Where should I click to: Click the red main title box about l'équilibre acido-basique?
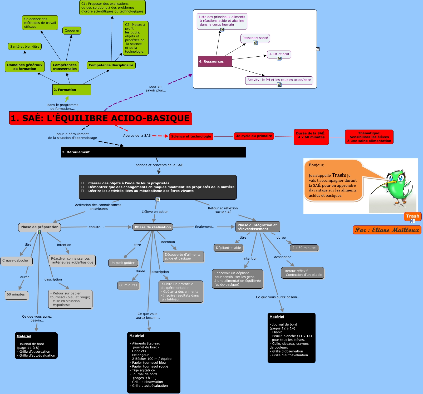click(x=100, y=118)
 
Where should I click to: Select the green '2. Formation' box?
click(x=72, y=90)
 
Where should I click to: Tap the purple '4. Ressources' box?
click(x=215, y=61)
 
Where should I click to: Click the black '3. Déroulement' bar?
click(x=153, y=152)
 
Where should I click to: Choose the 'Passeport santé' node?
click(x=255, y=38)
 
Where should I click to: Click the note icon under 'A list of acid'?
click(x=279, y=58)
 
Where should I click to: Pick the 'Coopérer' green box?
click(x=72, y=31)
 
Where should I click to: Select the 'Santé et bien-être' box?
click(x=25, y=47)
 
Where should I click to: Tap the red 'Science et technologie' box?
click(x=191, y=136)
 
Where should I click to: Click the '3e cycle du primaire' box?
click(x=254, y=136)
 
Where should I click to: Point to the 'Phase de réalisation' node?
click(x=153, y=227)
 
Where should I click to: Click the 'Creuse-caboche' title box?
click(x=16, y=261)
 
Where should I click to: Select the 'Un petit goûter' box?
click(x=122, y=263)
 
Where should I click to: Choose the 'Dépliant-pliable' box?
click(x=228, y=248)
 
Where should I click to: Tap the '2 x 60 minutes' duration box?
click(x=304, y=248)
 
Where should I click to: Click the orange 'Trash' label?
click(x=412, y=216)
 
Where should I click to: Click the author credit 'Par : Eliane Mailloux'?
click(x=387, y=230)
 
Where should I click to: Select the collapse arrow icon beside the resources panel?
click(x=318, y=49)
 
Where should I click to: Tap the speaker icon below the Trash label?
click(x=413, y=221)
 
